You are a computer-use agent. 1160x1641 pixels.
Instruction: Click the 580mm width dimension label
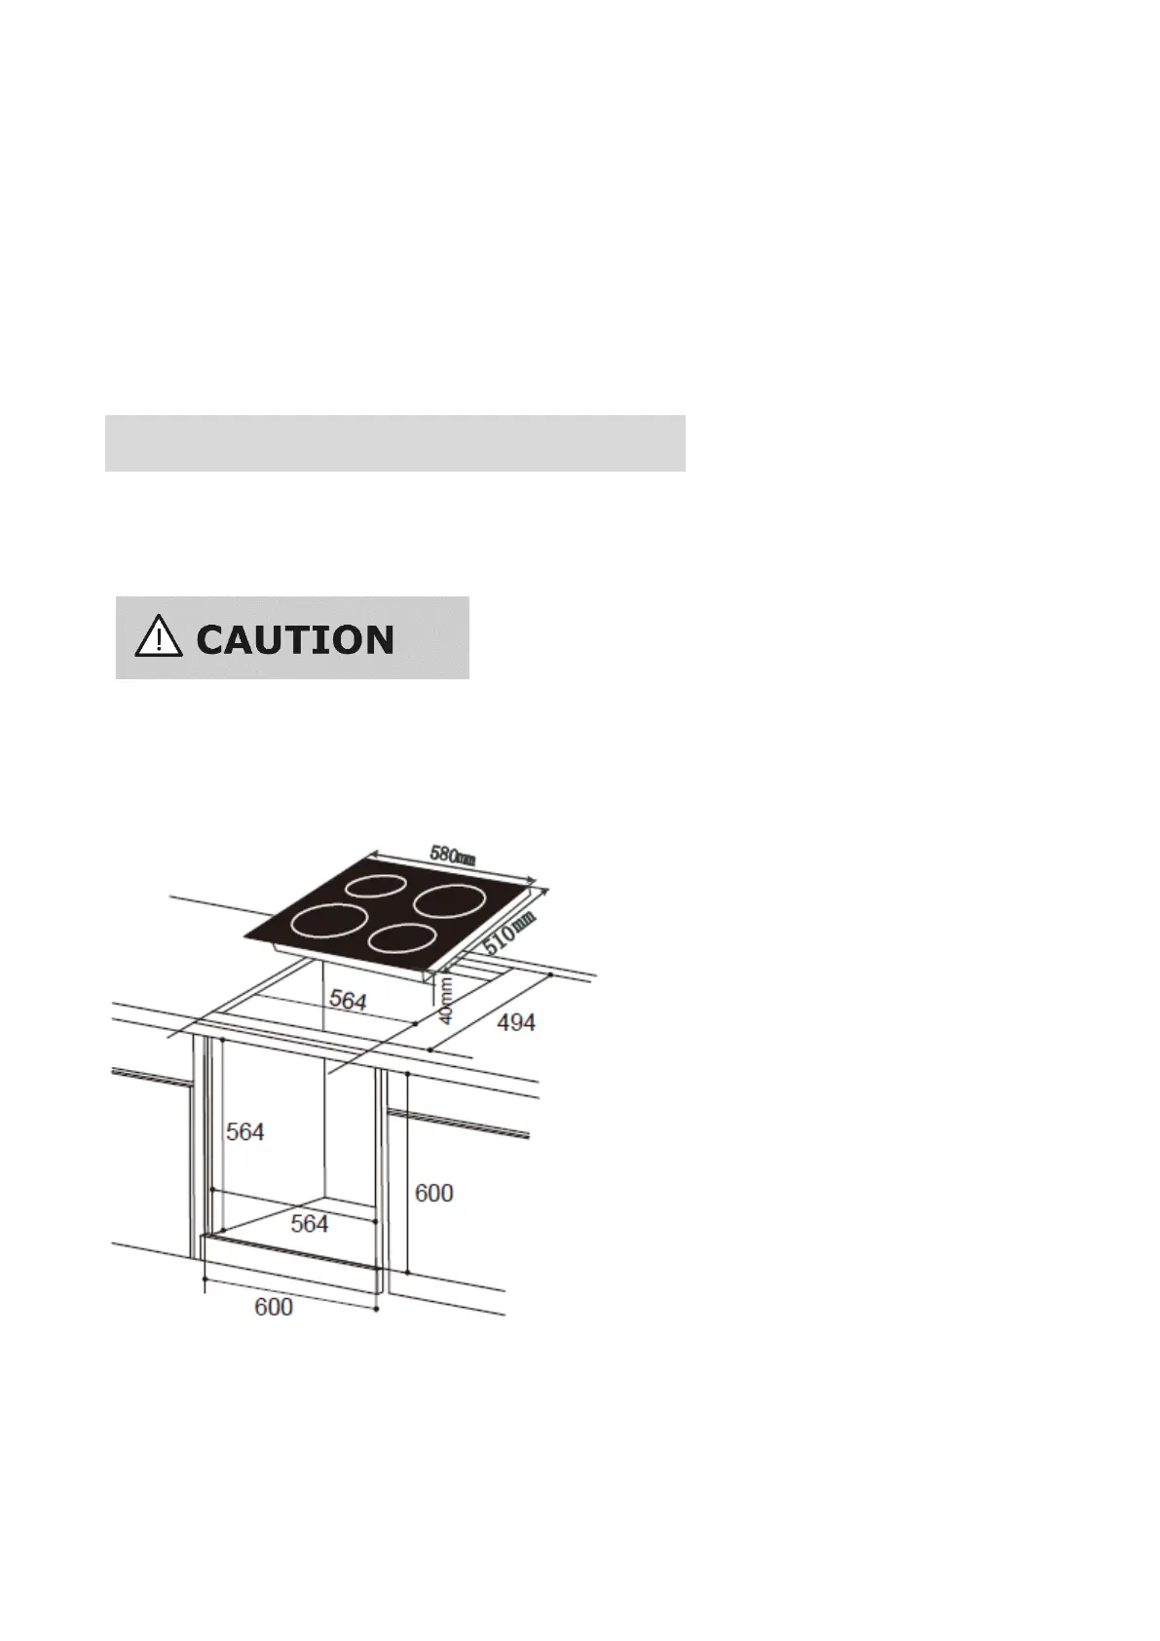453,855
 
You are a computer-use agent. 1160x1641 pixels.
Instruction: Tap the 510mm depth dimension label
510,933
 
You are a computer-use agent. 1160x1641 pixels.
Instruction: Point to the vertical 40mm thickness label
446,1000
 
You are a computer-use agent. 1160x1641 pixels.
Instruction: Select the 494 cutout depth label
516,1023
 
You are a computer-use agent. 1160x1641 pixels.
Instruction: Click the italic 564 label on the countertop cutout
348,1000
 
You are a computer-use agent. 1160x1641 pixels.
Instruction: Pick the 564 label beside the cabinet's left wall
245,1131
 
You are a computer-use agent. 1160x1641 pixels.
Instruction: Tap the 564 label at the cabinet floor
310,1224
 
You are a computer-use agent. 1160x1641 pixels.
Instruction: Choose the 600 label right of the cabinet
434,1193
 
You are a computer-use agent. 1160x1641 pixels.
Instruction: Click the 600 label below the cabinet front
274,1307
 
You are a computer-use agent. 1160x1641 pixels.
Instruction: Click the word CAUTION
295,640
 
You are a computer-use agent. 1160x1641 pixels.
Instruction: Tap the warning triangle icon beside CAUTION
158,638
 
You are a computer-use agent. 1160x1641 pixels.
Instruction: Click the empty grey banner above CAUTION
394,443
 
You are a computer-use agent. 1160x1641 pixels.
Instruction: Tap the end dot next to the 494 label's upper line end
552,973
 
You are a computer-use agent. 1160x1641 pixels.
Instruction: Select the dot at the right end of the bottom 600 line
376,1308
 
